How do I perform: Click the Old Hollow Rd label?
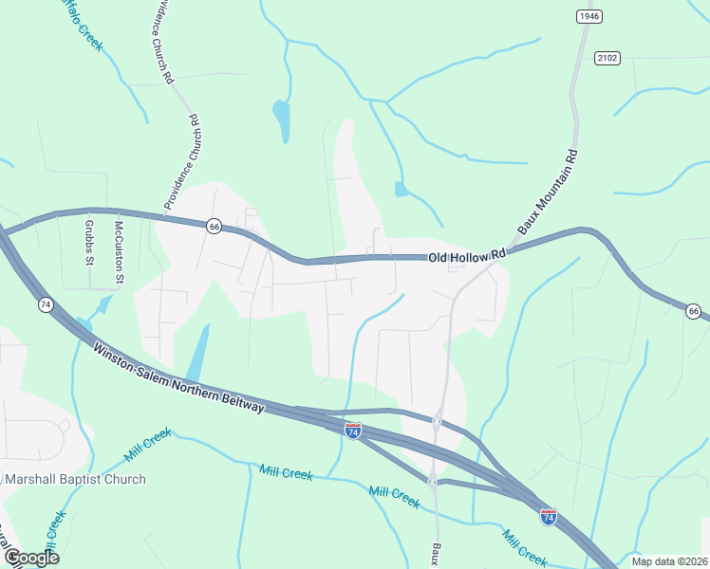[467, 257]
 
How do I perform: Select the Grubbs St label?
[88, 243]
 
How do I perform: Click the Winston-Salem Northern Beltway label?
[177, 377]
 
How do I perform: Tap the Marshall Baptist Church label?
[76, 479]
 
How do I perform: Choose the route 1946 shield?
[589, 16]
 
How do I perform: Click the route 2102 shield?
[607, 59]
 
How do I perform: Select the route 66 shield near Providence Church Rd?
[215, 226]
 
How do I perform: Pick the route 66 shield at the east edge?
[694, 311]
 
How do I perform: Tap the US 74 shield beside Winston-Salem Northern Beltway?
[45, 305]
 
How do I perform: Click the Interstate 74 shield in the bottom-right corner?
[549, 517]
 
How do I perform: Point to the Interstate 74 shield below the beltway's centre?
[353, 431]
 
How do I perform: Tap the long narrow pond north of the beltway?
[198, 353]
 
